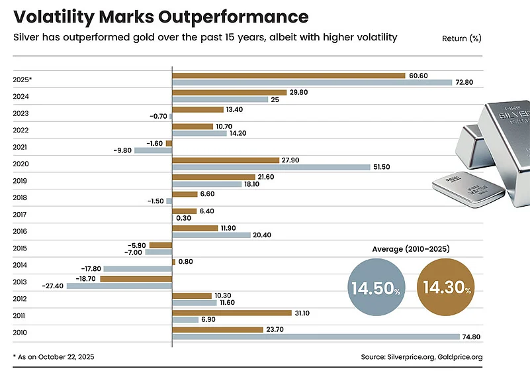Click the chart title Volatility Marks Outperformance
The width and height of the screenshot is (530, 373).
[160, 16]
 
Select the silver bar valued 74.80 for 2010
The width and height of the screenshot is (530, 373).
[316, 337]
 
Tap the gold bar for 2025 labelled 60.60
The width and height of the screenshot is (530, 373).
[288, 76]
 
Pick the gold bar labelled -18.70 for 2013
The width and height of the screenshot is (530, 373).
[136, 279]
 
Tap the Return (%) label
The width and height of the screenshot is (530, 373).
[462, 38]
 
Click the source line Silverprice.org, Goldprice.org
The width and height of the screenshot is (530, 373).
[421, 357]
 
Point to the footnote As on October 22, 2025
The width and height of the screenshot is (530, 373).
[54, 357]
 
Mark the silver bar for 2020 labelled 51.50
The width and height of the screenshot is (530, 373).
[271, 167]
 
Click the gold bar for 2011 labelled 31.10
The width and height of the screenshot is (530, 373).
[232, 312]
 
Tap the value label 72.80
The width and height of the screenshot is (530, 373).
[466, 83]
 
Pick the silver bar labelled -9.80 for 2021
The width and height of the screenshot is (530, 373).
[153, 150]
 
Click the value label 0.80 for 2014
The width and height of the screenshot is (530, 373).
[187, 262]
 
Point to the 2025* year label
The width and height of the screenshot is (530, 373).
[22, 80]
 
